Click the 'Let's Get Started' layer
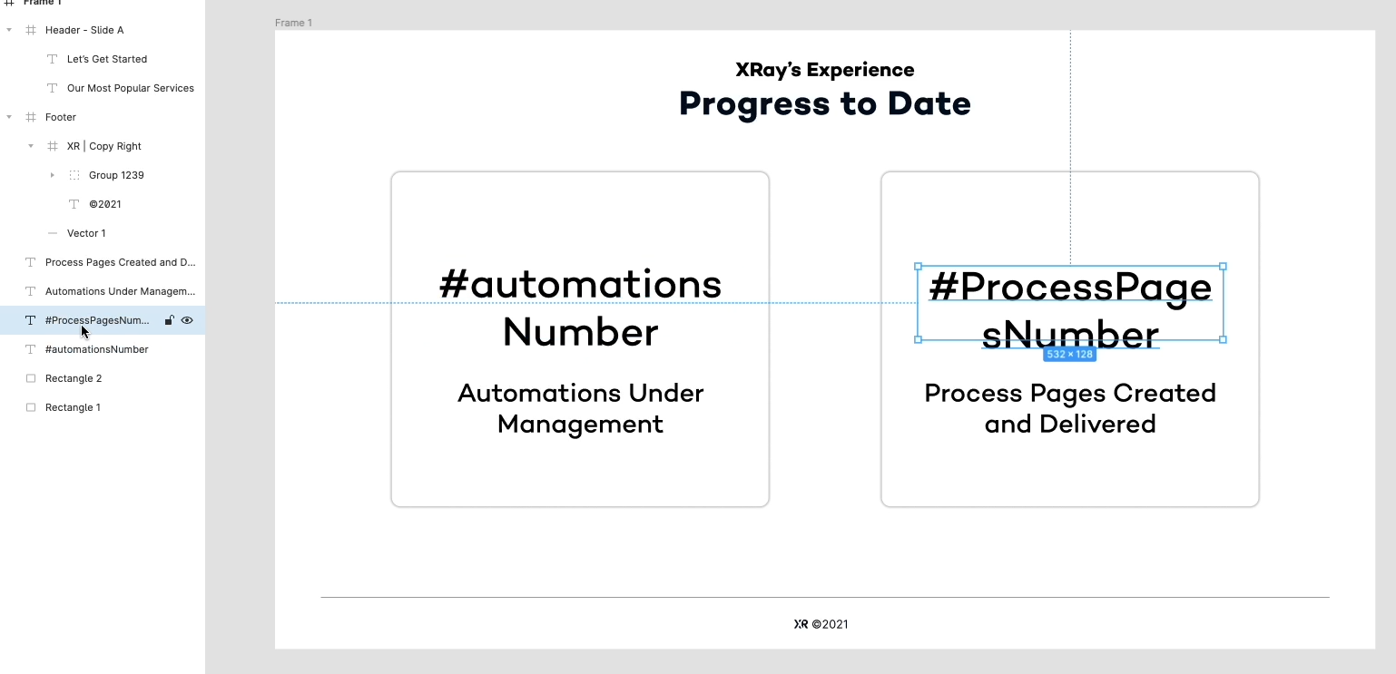pyautogui.click(x=106, y=59)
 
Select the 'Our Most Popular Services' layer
pyautogui.click(x=131, y=88)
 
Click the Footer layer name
pyautogui.click(x=61, y=117)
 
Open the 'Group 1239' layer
pyautogui.click(x=116, y=175)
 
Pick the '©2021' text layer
pyautogui.click(x=104, y=204)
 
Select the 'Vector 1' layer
pyautogui.click(x=86, y=233)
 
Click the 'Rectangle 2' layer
pyautogui.click(x=73, y=378)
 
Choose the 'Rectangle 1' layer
pyautogui.click(x=73, y=407)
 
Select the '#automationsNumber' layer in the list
pyautogui.click(x=96, y=349)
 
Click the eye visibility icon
pyautogui.click(x=187, y=320)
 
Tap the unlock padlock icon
pyautogui.click(x=169, y=320)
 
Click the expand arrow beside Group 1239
pyautogui.click(x=53, y=175)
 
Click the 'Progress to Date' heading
pyautogui.click(x=824, y=104)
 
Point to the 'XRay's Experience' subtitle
pyautogui.click(x=824, y=70)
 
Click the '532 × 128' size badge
pyautogui.click(x=1069, y=355)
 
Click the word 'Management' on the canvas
pyautogui.click(x=580, y=425)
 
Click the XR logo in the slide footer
pyautogui.click(x=801, y=624)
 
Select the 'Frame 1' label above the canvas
pyautogui.click(x=293, y=23)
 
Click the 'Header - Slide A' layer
pyautogui.click(x=84, y=30)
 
